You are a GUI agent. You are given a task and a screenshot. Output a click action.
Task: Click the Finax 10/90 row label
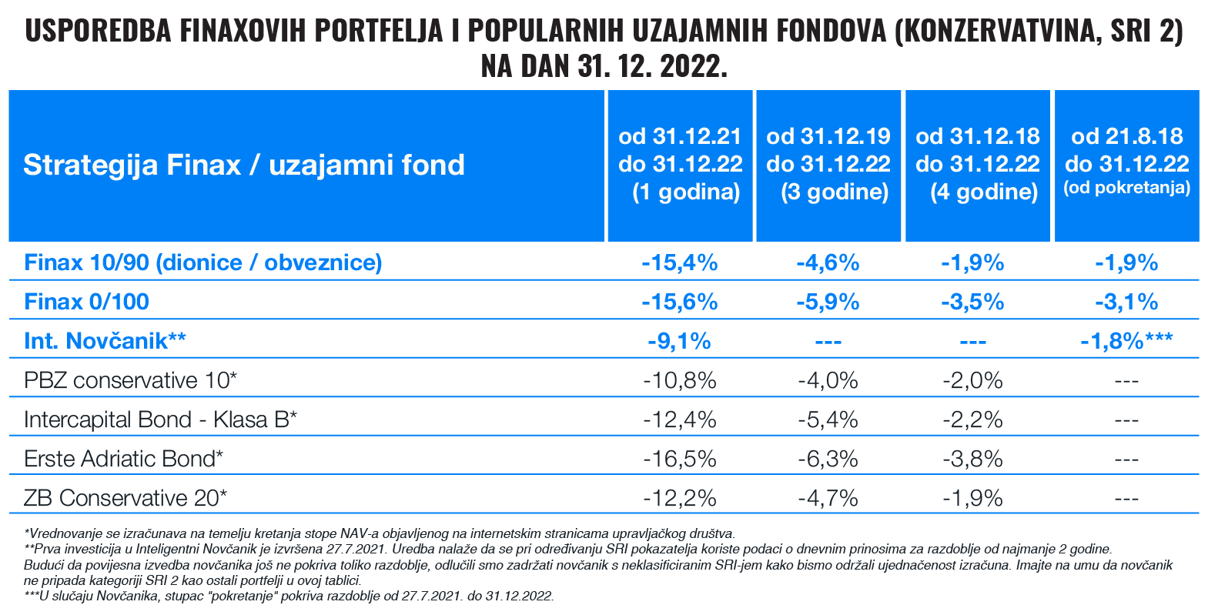(x=202, y=262)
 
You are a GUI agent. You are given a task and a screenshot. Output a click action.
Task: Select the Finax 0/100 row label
(x=86, y=302)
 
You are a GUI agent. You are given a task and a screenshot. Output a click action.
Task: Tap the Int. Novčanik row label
(x=105, y=341)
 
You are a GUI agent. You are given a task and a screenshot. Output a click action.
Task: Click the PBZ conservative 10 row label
(x=130, y=380)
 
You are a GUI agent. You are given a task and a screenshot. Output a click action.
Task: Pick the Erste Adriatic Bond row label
(x=123, y=459)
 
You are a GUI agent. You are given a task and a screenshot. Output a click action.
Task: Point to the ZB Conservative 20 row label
(x=125, y=498)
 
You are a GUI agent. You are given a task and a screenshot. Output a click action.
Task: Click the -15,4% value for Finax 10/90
(x=679, y=262)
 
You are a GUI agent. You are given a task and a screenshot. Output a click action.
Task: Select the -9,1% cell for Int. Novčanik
(x=679, y=341)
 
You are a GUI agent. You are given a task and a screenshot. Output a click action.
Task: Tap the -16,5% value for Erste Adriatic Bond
(x=679, y=459)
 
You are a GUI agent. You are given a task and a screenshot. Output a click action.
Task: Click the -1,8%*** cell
(x=1126, y=341)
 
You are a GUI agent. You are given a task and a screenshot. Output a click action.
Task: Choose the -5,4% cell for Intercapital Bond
(x=828, y=419)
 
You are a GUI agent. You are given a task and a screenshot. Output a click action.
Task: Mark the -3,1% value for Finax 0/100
(x=1126, y=302)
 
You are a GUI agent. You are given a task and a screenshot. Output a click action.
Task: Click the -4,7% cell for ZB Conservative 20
(x=828, y=498)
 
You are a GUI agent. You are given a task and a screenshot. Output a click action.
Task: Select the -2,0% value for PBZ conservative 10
(x=972, y=380)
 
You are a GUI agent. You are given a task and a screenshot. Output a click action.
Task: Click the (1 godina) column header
(x=680, y=164)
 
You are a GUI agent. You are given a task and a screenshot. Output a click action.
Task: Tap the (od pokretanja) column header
(x=1127, y=164)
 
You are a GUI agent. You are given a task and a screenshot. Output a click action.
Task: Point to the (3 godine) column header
(x=828, y=164)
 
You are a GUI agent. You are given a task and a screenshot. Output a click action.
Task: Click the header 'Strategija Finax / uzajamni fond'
(x=244, y=165)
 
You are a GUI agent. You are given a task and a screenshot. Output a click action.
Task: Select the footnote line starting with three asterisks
(x=289, y=596)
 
